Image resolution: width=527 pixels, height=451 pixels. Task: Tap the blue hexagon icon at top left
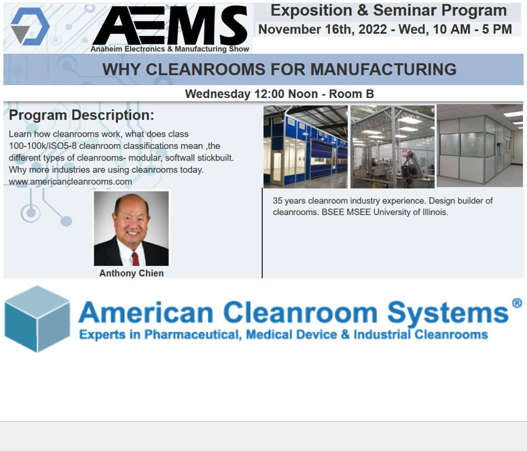point(30,26)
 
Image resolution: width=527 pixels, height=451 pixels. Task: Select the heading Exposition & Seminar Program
point(388,11)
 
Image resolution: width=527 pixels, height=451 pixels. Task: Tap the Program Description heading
point(81,115)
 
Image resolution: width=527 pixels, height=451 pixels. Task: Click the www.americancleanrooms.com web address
point(71,182)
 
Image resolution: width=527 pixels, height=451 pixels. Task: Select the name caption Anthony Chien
point(131,273)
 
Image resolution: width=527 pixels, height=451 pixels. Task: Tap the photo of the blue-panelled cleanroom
point(305,146)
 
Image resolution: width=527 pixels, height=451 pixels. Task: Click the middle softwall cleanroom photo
point(392,146)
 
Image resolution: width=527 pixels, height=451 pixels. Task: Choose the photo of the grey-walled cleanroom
point(479,146)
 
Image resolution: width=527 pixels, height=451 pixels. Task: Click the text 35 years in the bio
point(288,201)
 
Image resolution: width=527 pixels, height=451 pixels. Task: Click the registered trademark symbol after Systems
point(517,303)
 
